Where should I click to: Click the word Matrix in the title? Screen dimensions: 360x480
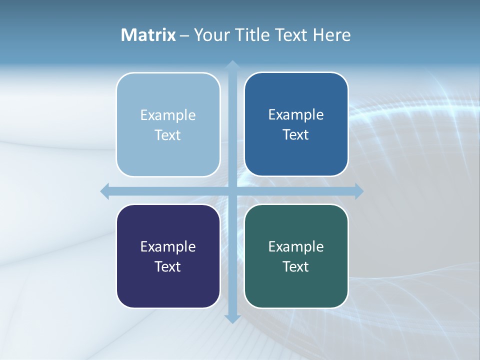point(148,35)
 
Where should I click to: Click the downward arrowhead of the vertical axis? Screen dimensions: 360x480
point(232,319)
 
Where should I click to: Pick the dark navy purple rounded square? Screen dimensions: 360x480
point(168,285)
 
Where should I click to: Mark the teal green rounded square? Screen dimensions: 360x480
point(296,285)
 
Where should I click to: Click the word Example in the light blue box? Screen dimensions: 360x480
point(168,115)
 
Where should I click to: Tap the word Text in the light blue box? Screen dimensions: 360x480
point(168,135)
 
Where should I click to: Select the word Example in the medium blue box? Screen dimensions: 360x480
point(296,115)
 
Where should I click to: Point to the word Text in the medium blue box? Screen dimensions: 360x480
point(296,135)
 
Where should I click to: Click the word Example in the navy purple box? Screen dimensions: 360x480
point(168,247)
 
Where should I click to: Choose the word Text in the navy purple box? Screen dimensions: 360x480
point(168,267)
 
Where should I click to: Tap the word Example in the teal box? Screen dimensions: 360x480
point(296,247)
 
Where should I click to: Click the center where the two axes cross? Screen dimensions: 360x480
point(232,191)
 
